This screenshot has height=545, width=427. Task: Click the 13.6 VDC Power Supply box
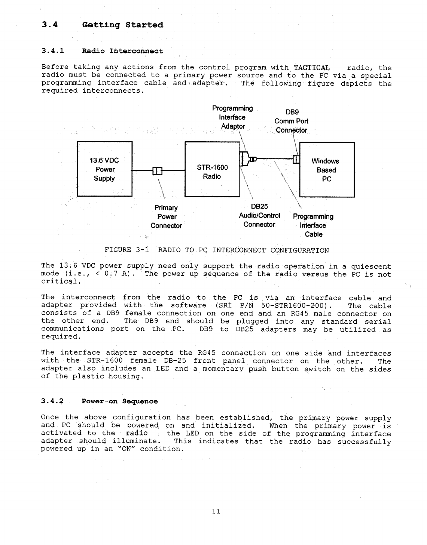(104, 169)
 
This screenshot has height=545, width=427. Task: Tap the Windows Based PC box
(326, 170)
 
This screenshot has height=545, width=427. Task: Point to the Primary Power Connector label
(167, 217)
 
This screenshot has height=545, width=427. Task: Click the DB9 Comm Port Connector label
(291, 121)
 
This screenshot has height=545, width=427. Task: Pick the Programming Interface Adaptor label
(232, 117)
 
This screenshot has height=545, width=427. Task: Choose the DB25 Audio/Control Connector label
(259, 215)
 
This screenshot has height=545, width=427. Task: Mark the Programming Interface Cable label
(313, 225)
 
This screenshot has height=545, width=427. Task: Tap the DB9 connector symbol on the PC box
(296, 159)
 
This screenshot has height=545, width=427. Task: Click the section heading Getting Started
(123, 25)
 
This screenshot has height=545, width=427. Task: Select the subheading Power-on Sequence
(120, 401)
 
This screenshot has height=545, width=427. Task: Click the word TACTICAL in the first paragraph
(311, 68)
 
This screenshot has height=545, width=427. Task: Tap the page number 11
(215, 511)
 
